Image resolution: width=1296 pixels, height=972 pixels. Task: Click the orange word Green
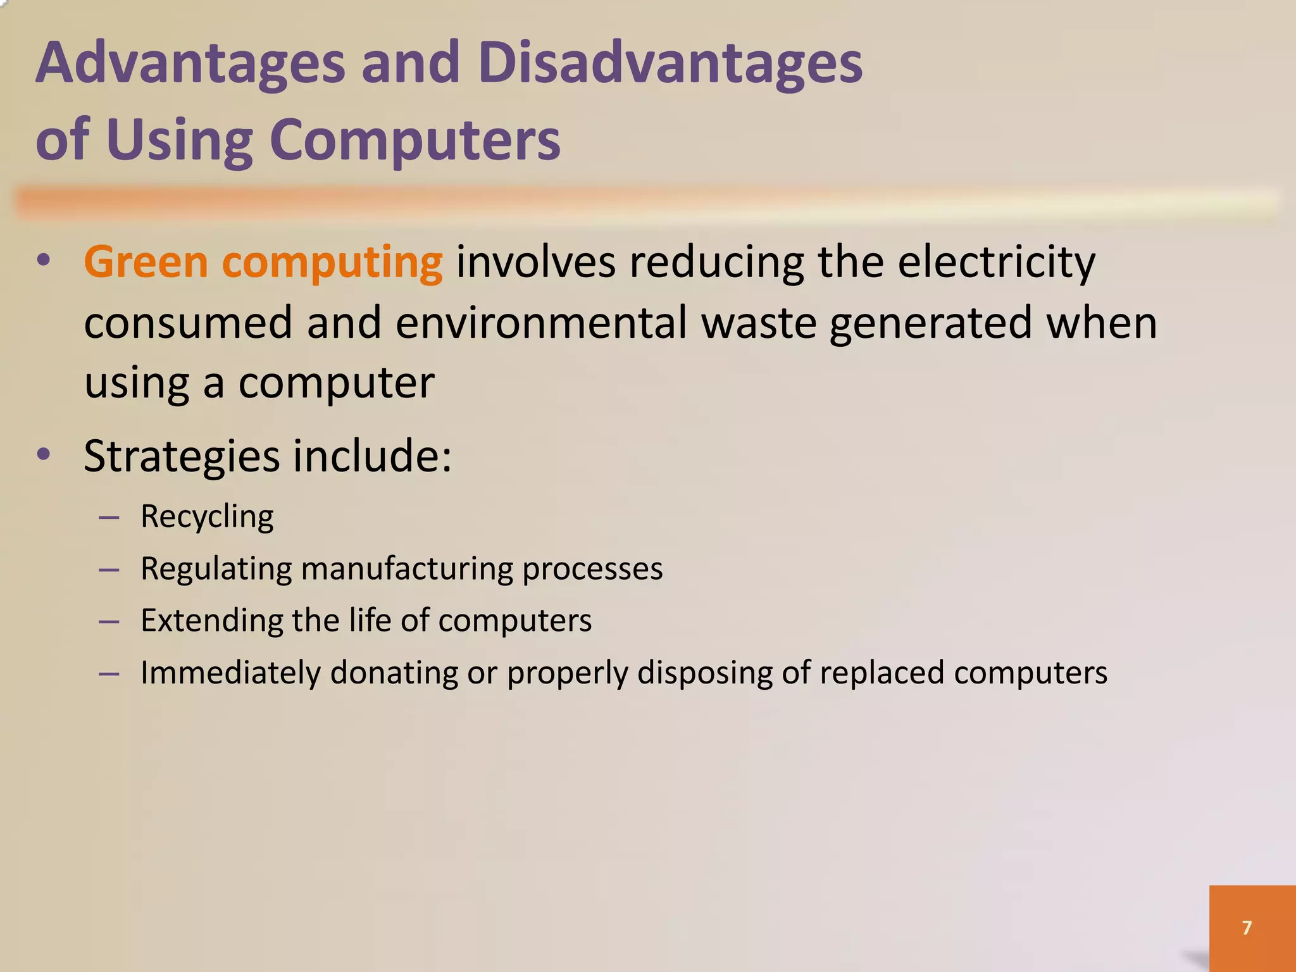coord(146,262)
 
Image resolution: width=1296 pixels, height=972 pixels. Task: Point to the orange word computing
coord(332,263)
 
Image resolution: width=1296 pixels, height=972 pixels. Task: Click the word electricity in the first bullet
coord(996,262)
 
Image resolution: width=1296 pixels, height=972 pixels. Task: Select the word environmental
coord(541,323)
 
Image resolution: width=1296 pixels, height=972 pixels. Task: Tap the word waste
coord(759,323)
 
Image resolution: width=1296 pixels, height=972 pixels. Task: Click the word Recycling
coord(207,517)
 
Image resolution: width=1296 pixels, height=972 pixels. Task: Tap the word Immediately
coord(230,673)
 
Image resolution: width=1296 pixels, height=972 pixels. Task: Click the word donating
coord(394,673)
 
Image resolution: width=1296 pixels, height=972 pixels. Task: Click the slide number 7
coord(1247,928)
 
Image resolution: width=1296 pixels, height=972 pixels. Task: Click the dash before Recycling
coord(109,518)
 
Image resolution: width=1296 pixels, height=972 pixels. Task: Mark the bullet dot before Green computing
coord(43,260)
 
